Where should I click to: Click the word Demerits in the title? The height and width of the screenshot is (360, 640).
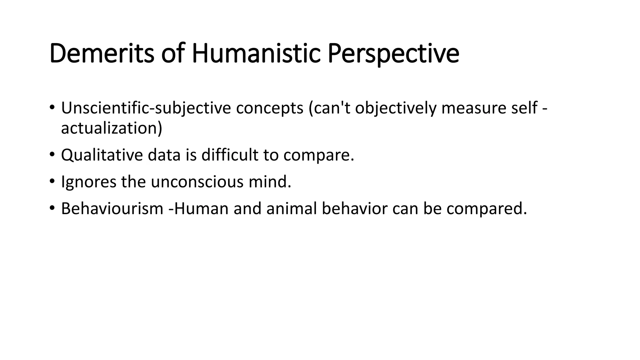[102, 54]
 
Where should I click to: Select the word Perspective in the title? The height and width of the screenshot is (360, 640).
[393, 54]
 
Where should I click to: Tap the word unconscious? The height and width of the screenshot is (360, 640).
[197, 182]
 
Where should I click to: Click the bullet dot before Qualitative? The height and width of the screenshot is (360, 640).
[52, 154]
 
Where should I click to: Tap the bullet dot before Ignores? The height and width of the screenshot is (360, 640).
[52, 181]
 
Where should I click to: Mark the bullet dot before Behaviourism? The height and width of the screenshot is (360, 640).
[52, 208]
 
